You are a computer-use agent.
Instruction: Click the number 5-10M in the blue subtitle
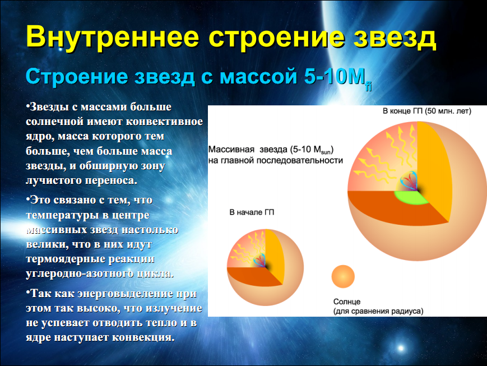pyautogui.click(x=335, y=76)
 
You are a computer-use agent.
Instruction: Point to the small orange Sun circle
pyautogui.click(x=343, y=276)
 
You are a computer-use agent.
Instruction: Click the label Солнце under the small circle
pyautogui.click(x=347, y=302)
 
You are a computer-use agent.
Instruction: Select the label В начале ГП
pyautogui.click(x=252, y=212)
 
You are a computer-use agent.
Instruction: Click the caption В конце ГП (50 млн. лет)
pyautogui.click(x=426, y=111)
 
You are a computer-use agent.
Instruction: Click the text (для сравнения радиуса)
pyautogui.click(x=378, y=311)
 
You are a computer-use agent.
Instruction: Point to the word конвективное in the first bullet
pyautogui.click(x=164, y=121)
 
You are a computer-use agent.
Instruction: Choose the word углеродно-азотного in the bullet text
pyautogui.click(x=81, y=274)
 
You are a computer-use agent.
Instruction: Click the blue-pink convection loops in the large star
pyautogui.click(x=409, y=180)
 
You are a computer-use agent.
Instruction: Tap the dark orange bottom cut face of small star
pyautogui.click(x=253, y=277)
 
